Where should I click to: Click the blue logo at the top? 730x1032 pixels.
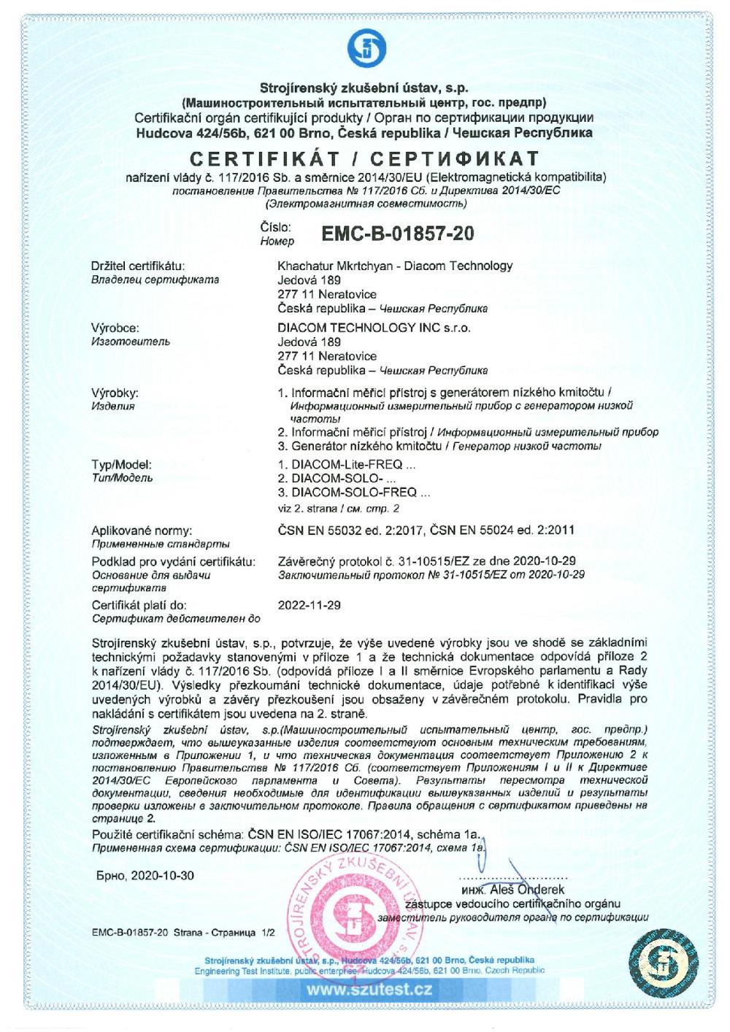(365, 47)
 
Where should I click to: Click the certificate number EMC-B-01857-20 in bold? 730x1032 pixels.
(397, 234)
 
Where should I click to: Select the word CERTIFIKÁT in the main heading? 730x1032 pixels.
(269, 158)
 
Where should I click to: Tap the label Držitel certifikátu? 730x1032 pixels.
(138, 266)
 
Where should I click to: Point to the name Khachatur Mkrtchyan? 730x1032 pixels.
(335, 266)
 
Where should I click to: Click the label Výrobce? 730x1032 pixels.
(115, 328)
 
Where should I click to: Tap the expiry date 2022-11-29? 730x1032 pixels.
(310, 605)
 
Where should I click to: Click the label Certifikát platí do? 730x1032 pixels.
(139, 605)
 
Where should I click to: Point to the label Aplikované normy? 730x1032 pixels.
(142, 530)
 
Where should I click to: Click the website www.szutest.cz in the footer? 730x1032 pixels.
(369, 990)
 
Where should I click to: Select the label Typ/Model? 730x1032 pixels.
(122, 464)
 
